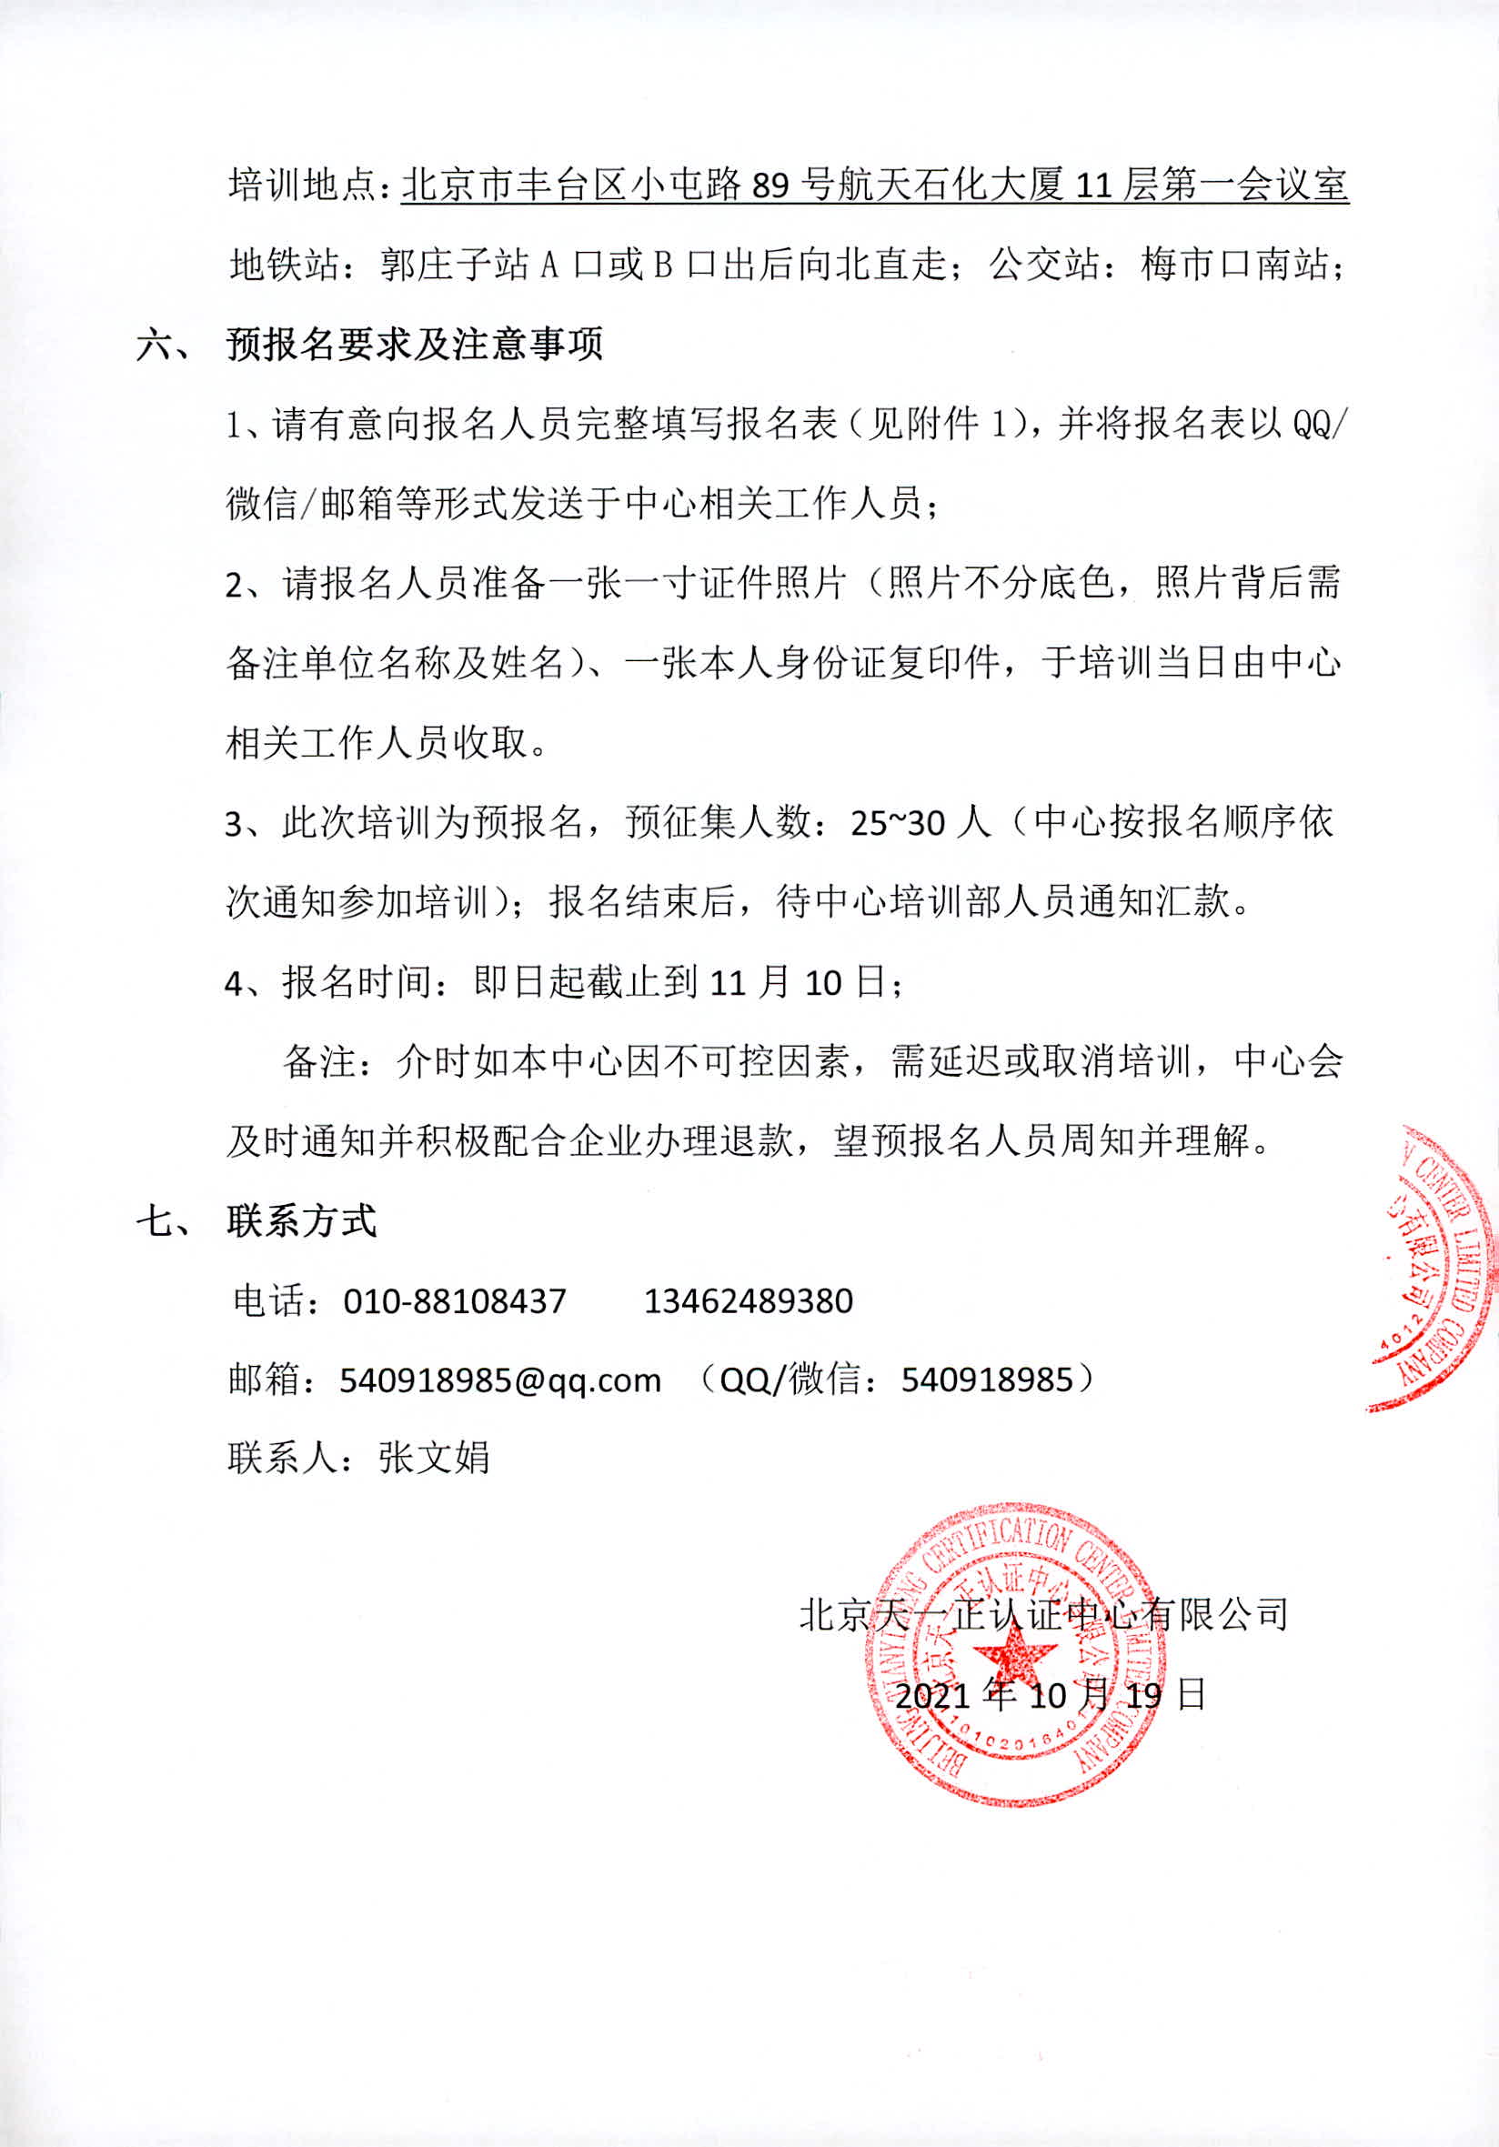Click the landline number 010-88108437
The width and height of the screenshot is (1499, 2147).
pyautogui.click(x=455, y=1300)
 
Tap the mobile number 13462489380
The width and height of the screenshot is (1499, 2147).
pyautogui.click(x=748, y=1300)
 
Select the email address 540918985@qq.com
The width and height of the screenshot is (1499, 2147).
pyautogui.click(x=500, y=1380)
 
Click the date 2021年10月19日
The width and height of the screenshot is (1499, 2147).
pyautogui.click(x=1051, y=1695)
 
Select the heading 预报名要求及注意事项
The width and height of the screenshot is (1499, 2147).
pyautogui.click(x=414, y=345)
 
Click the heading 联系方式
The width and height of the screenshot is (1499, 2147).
pyautogui.click(x=301, y=1221)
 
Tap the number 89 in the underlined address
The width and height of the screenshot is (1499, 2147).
pyautogui.click(x=770, y=187)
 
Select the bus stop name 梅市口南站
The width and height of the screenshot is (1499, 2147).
pyautogui.click(x=1234, y=266)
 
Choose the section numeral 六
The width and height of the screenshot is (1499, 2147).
pyautogui.click(x=155, y=345)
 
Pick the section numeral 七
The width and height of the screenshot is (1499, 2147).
pyautogui.click(x=155, y=1221)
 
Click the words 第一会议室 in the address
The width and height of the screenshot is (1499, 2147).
pyautogui.click(x=1255, y=187)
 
